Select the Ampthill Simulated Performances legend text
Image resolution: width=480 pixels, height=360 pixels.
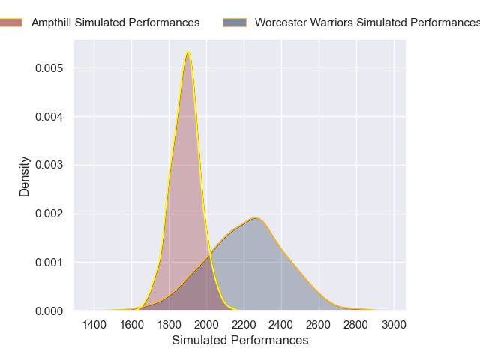115,22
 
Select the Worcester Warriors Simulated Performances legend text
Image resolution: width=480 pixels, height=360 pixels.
367,22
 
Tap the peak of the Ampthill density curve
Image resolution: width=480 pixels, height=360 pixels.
187,52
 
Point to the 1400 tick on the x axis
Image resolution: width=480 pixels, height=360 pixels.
94,325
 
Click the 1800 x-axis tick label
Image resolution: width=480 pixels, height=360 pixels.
169,325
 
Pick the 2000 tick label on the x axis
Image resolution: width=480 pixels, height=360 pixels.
206,325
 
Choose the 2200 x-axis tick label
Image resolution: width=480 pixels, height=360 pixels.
244,325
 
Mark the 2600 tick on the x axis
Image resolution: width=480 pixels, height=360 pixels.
319,325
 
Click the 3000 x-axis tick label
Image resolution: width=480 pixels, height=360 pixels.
394,325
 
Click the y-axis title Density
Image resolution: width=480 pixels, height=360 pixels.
25,176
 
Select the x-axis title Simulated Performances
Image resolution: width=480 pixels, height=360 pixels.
240,340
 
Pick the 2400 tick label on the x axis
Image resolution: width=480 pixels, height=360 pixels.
281,325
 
